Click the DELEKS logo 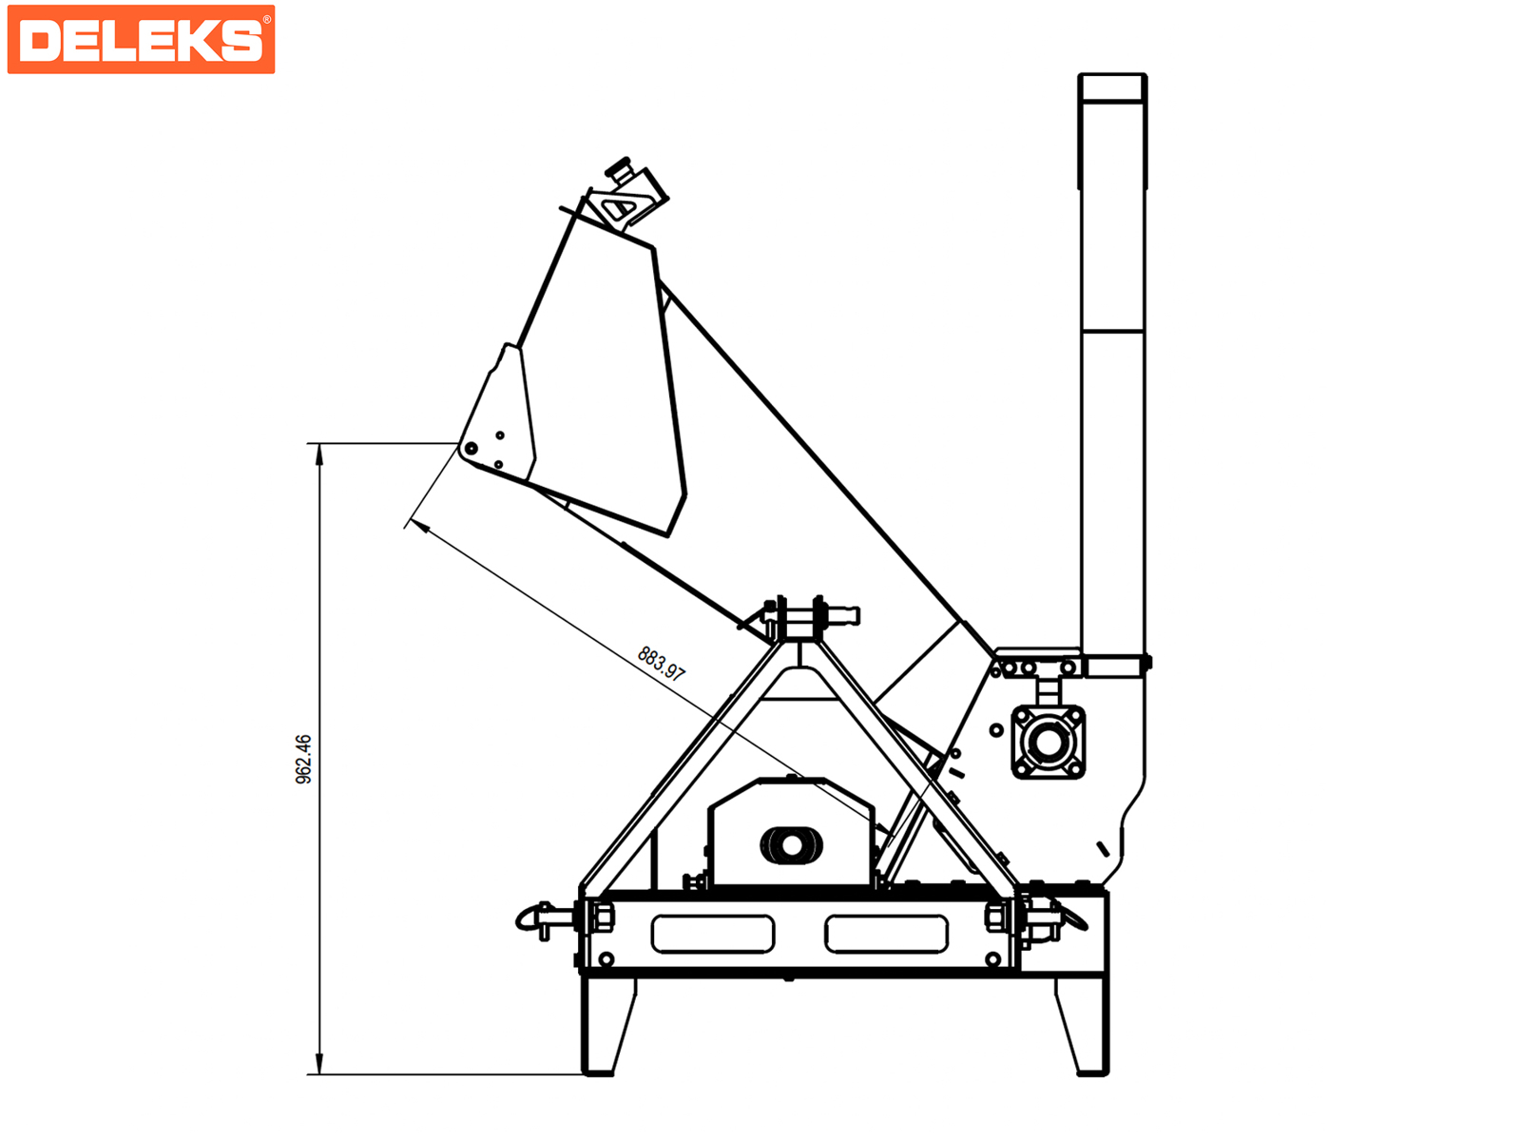(141, 40)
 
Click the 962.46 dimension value (303, 760)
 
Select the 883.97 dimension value (661, 664)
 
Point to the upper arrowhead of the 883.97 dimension (420, 526)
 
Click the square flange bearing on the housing (1048, 743)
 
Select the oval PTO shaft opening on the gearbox (791, 845)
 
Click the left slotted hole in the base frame (713, 934)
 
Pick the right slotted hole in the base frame (886, 934)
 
